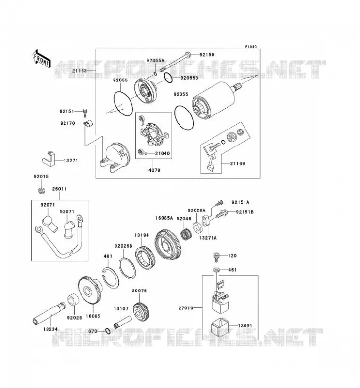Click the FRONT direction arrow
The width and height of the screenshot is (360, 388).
coord(41,59)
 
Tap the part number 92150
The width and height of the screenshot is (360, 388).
coord(207,55)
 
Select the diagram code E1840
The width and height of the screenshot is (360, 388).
coord(251,47)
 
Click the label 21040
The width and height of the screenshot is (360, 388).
coord(163,153)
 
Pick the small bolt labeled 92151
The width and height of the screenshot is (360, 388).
coord(85,113)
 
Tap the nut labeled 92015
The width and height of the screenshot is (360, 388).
coord(42,190)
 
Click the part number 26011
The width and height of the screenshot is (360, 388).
coord(59,189)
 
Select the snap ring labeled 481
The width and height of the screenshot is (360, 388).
coord(111,278)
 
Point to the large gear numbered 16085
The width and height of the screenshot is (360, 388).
coord(90,290)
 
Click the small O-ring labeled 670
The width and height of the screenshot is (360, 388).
coord(108,331)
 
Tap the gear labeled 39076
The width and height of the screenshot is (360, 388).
coord(142,311)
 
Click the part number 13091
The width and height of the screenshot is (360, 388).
coord(245,326)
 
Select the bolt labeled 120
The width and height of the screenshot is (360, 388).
coord(216,258)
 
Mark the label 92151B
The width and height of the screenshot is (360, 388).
coord(245,212)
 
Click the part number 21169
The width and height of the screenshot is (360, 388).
coord(237,163)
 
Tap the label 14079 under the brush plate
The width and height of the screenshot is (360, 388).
coord(153,170)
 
